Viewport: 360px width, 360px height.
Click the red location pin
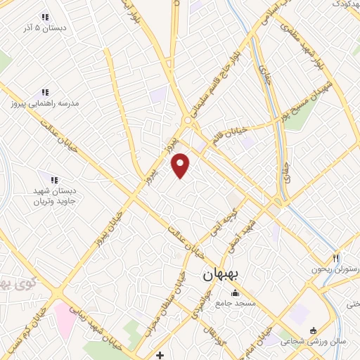(x=181, y=166)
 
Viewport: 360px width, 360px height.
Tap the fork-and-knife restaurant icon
(x=336, y=258)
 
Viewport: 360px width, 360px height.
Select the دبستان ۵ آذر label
(x=46, y=28)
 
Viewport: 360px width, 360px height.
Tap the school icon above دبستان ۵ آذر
(x=45, y=17)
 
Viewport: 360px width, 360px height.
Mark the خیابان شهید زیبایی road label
(x=95, y=328)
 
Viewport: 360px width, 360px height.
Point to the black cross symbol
(x=160, y=354)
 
